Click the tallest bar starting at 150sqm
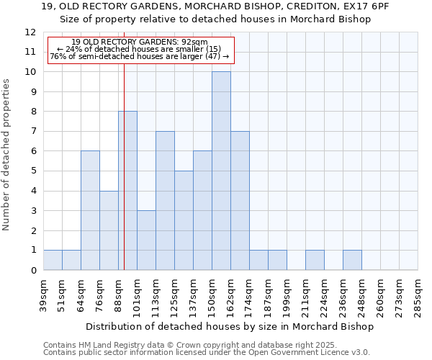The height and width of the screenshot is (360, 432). [221, 171]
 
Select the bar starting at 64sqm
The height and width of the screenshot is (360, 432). [90, 210]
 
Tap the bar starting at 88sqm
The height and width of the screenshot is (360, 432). [127, 191]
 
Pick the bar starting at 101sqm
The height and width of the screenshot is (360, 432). [146, 240]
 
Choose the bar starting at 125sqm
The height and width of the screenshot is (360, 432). [184, 220]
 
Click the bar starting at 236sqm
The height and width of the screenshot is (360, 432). [352, 260]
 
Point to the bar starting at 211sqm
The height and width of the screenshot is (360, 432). [315, 260]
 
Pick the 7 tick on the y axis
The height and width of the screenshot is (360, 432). [32, 132]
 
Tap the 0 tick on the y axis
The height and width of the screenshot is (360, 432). [32, 271]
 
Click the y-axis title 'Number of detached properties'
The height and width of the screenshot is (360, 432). [6, 155]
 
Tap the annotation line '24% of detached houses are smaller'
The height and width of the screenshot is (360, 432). [141, 49]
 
